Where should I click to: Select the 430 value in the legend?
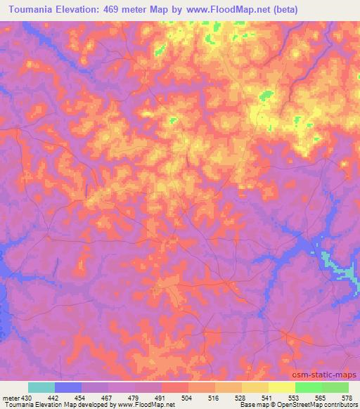26,397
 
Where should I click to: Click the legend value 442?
55,397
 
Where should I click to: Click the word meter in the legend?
11,397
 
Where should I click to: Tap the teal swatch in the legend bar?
41,387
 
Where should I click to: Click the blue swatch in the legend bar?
68,387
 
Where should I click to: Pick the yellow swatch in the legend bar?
281,387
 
